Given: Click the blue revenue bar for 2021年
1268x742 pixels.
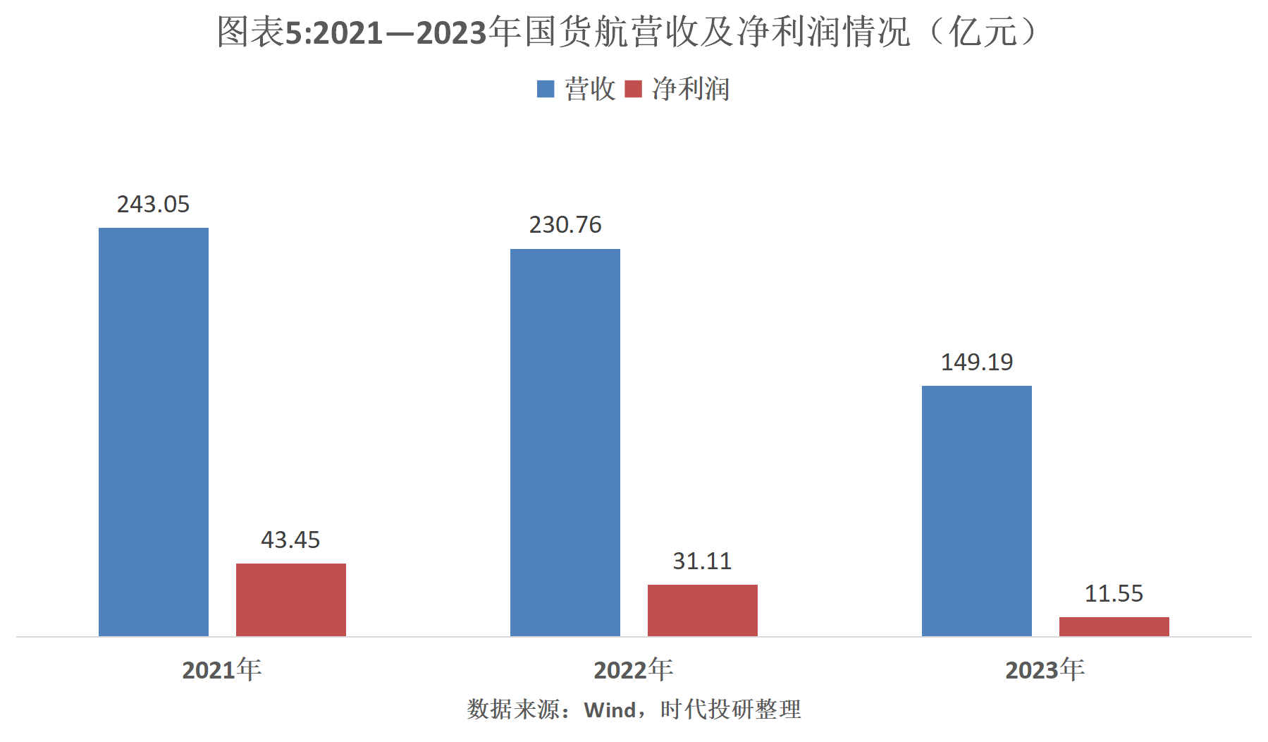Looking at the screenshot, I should (x=154, y=432).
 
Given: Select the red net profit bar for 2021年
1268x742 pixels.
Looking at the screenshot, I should (x=291, y=600).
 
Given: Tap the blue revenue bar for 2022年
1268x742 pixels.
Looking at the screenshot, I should (x=565, y=442).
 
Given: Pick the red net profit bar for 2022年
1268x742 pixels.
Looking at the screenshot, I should (x=703, y=610).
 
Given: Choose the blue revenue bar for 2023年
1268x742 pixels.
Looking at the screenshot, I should (x=977, y=511).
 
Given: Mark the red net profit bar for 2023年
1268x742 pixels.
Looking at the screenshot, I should (x=1114, y=626).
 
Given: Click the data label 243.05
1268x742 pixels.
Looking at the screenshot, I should (x=154, y=205).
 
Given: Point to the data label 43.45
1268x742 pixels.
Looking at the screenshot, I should (x=290, y=540).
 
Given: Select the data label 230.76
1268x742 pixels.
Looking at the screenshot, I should (x=565, y=225).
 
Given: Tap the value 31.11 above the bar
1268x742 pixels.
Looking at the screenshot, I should (x=702, y=561).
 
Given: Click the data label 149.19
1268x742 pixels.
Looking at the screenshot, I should (x=977, y=363).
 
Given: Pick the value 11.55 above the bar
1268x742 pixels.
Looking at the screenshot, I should (x=1114, y=594).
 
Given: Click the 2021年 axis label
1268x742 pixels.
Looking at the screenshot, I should (x=222, y=669).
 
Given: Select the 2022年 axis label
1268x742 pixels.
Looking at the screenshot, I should (x=633, y=669).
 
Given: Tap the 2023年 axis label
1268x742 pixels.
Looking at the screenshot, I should (x=1045, y=669).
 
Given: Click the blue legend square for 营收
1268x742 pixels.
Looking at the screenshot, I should (x=546, y=89).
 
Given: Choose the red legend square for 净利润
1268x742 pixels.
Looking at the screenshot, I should (x=634, y=89).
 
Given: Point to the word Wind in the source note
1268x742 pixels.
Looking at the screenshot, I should (x=610, y=710).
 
